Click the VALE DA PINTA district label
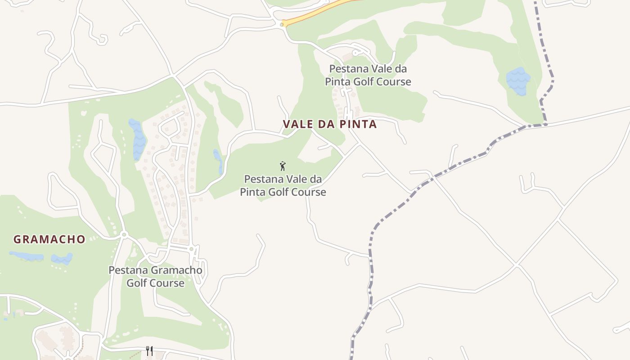coord(329,124)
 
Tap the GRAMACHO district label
coord(49,239)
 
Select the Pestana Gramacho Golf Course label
coord(155,276)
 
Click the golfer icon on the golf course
coord(283,166)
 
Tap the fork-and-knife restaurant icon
coord(149,351)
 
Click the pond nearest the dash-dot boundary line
coord(518,81)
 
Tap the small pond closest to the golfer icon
coord(218,161)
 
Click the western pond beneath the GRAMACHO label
coord(27,256)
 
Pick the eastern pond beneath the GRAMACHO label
coord(62,259)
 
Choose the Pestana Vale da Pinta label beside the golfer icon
coord(283,185)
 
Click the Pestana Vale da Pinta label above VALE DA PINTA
coord(368,75)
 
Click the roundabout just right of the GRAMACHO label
coord(124,234)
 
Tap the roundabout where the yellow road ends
coord(282,25)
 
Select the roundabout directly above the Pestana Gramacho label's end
coord(191,249)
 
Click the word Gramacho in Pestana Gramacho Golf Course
coord(176,270)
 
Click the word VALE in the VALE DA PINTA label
coord(297,124)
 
